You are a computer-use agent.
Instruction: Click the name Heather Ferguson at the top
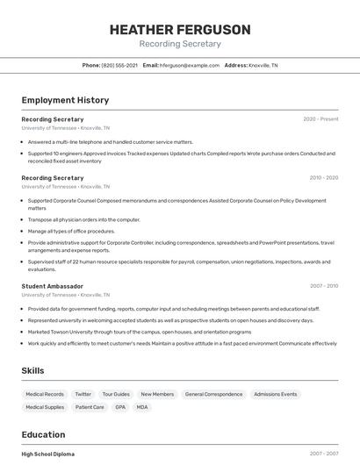(x=180, y=30)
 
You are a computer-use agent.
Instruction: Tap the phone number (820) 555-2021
(x=119, y=65)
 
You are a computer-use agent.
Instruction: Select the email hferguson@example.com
(x=189, y=65)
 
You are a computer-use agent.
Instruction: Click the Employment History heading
(x=65, y=100)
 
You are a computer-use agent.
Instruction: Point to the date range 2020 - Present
(x=320, y=118)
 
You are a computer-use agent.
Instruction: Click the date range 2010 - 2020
(x=323, y=178)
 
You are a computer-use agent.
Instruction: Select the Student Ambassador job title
(x=53, y=286)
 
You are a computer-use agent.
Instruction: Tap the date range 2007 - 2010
(x=323, y=286)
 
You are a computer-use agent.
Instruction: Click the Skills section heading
(x=33, y=371)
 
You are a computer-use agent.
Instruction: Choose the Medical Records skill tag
(x=45, y=395)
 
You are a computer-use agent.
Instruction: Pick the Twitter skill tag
(x=83, y=395)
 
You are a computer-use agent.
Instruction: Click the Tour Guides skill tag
(x=115, y=395)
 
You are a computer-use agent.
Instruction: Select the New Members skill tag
(x=157, y=395)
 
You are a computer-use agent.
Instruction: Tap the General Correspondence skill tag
(x=213, y=395)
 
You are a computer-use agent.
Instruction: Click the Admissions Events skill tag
(x=276, y=395)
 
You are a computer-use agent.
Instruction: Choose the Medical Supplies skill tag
(x=45, y=407)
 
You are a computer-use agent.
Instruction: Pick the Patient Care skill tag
(x=90, y=407)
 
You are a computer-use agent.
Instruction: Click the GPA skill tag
(x=119, y=407)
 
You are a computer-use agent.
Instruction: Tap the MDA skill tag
(x=141, y=407)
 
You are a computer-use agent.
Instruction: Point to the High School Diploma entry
(x=48, y=454)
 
